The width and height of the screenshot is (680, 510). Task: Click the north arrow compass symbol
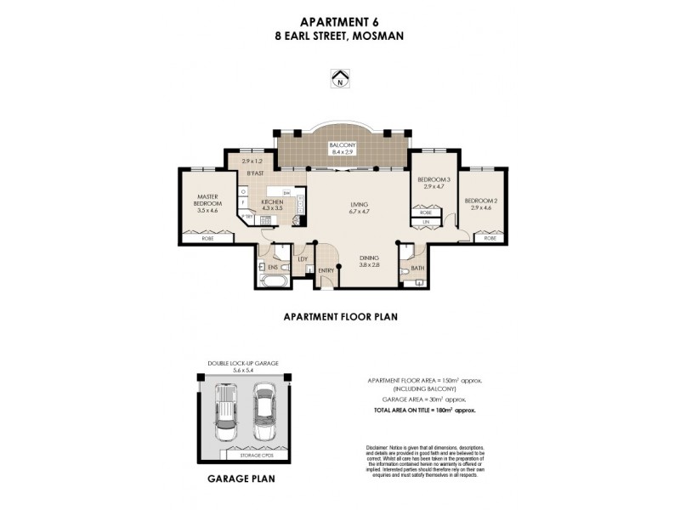340,79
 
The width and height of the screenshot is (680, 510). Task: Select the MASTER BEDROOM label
208,201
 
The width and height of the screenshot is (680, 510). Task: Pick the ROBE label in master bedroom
208,240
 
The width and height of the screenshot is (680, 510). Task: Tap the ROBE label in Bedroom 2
490,239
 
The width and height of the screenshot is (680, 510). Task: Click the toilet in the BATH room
409,254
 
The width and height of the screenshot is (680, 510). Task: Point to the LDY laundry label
302,259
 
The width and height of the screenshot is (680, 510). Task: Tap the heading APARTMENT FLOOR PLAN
340,315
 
